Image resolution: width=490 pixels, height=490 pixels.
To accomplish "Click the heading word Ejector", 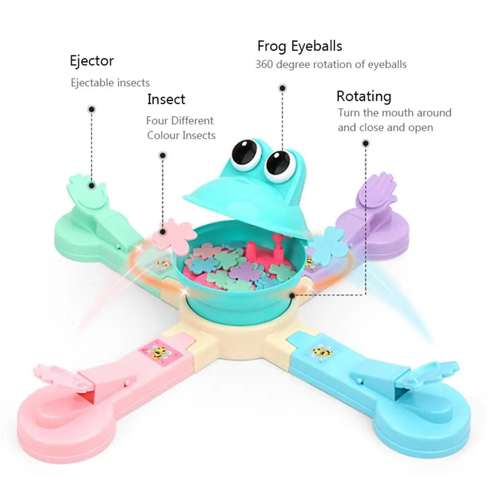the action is click(92, 62).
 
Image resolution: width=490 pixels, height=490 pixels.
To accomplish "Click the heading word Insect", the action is click(166, 99).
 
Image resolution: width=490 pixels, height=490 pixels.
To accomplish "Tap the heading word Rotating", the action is click(364, 96).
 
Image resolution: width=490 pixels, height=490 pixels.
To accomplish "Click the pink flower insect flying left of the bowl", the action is click(174, 232).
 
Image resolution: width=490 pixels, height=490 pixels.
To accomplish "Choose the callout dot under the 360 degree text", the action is click(282, 89).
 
